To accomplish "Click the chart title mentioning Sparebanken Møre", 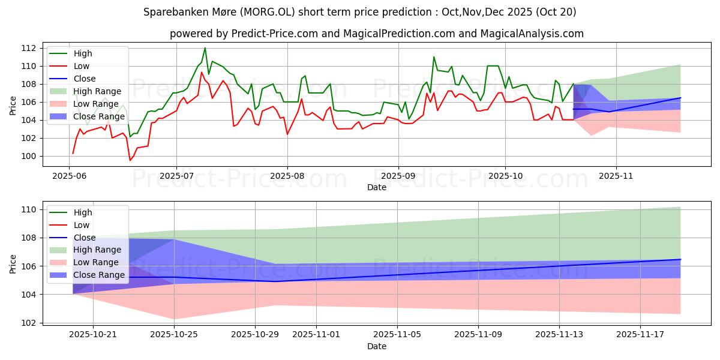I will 360,11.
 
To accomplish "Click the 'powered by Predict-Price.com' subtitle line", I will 376,34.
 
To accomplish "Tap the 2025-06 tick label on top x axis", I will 71,176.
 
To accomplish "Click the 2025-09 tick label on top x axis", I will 398,176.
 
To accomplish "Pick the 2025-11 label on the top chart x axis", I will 616,176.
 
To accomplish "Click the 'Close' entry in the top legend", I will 83,79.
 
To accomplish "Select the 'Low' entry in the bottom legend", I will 81,225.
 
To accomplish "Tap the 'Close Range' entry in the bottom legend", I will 99,275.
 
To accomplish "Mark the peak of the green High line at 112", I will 205,48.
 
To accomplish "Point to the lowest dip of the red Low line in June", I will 130,160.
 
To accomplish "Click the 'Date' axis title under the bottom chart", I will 376,346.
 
